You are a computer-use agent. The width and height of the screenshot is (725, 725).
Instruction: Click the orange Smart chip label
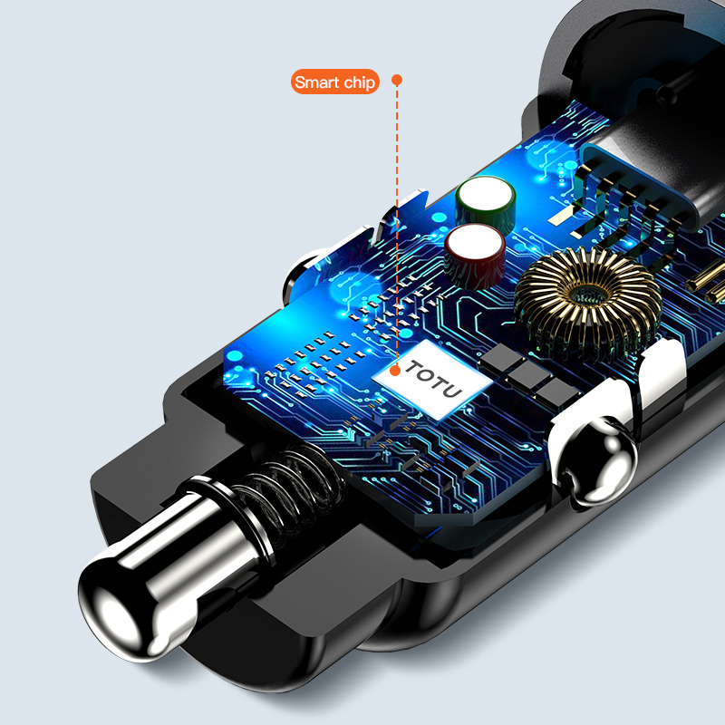pos(334,82)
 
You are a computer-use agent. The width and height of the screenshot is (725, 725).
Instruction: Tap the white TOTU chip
pos(432,380)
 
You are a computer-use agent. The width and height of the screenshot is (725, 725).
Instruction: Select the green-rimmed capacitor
pos(485,203)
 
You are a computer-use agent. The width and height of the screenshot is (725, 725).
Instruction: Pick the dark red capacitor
pos(475,256)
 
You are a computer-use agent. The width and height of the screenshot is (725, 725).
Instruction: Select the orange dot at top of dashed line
pos(397,80)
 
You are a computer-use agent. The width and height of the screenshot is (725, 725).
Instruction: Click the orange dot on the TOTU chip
pos(395,371)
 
